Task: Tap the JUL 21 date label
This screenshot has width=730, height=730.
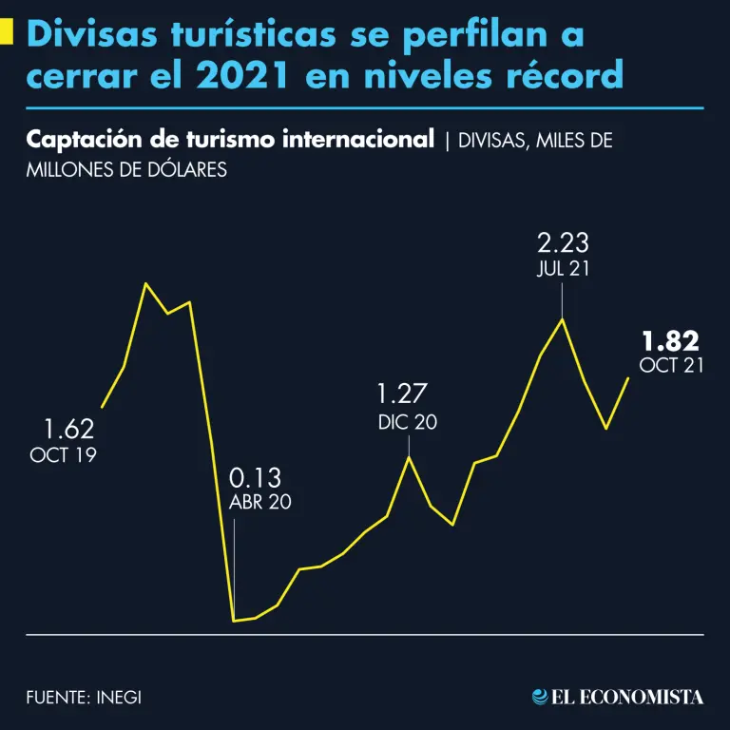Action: [x=562, y=268]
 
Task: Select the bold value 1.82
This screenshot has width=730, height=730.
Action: [x=670, y=340]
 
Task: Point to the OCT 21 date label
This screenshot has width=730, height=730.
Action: [x=671, y=366]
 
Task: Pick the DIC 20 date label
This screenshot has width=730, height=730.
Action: [x=407, y=422]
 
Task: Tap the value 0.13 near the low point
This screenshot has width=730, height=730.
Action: [x=256, y=478]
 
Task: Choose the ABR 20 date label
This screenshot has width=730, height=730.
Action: [x=260, y=503]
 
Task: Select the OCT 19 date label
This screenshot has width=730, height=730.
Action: [x=64, y=455]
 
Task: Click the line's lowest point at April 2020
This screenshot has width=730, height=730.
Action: [x=234, y=621]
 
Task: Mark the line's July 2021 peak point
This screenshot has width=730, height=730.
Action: [x=563, y=318]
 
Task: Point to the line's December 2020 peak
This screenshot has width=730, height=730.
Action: [x=410, y=457]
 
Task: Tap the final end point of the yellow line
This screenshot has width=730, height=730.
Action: [x=628, y=378]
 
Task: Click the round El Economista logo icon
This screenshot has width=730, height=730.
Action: [x=540, y=697]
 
